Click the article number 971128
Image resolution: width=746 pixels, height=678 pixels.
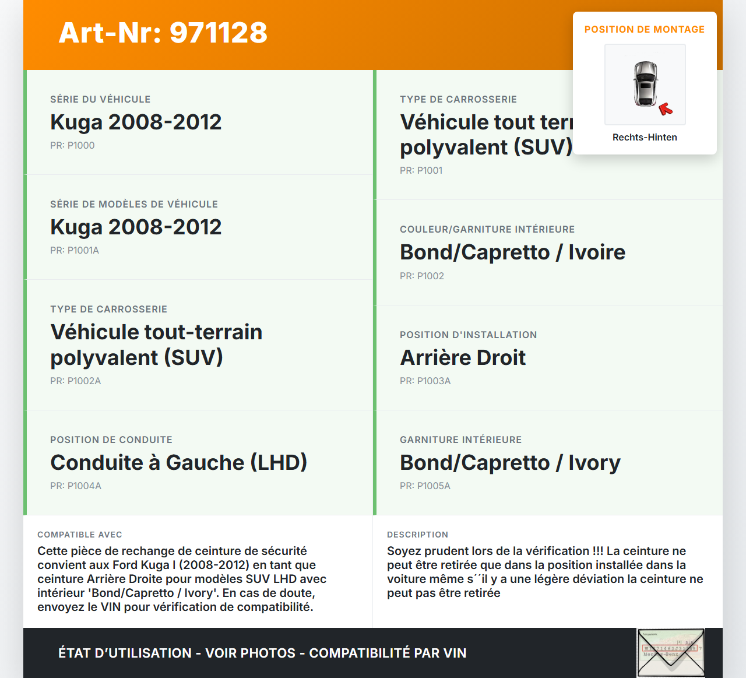click(x=219, y=33)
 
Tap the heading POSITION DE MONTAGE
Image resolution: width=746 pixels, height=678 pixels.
click(x=645, y=29)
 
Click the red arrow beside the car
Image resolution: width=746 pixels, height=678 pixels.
click(x=666, y=109)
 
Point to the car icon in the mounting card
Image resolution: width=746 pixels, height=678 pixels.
click(x=645, y=83)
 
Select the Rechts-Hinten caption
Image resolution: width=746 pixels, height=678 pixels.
click(x=645, y=137)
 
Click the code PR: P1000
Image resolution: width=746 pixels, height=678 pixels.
click(x=72, y=145)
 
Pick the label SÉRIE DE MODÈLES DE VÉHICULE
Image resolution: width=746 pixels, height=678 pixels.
click(x=134, y=204)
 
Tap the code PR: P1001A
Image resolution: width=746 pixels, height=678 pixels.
click(x=75, y=250)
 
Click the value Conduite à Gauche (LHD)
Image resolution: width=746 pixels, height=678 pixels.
click(x=178, y=462)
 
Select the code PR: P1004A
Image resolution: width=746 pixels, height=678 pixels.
click(x=76, y=486)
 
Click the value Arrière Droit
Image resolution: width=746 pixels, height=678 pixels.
click(x=463, y=357)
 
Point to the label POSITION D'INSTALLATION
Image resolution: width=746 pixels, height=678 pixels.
click(x=469, y=335)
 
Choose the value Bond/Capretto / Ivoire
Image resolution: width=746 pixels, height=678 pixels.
click(x=512, y=252)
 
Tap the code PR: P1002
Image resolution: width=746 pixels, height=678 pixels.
click(x=422, y=276)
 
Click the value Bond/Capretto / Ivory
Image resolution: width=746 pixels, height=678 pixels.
click(x=510, y=462)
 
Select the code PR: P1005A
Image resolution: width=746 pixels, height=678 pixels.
click(x=425, y=486)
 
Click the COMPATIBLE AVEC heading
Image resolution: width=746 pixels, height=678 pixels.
click(x=80, y=535)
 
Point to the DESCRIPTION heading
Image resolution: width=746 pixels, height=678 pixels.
click(x=418, y=535)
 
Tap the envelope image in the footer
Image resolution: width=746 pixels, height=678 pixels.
click(x=671, y=652)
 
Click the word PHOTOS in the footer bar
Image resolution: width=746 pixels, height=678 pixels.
click(x=266, y=653)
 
